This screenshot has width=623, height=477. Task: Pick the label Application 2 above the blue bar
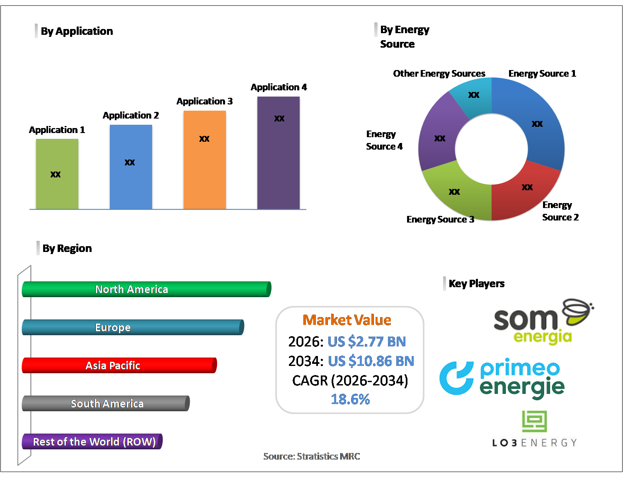click(131, 115)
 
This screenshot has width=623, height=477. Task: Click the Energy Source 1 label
click(542, 73)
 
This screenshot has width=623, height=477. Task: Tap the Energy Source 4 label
click(384, 140)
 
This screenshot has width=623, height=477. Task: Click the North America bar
click(146, 289)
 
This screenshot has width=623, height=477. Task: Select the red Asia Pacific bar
click(119, 366)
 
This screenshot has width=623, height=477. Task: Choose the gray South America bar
click(106, 404)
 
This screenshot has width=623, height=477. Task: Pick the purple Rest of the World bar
click(92, 442)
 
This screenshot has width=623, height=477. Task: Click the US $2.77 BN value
click(366, 341)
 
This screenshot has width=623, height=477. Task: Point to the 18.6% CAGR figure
click(350, 399)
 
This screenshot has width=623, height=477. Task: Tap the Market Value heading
click(347, 320)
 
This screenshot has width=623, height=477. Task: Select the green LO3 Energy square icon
click(534, 421)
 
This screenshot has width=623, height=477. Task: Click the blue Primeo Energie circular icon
click(456, 378)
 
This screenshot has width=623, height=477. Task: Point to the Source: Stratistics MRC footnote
click(312, 456)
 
